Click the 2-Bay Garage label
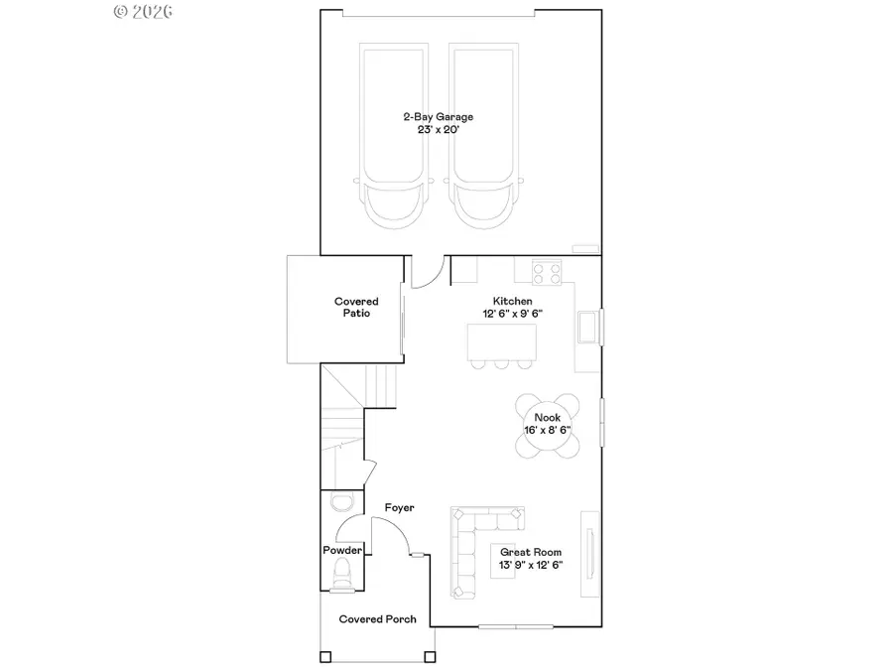pos(437,117)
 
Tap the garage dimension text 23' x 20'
pos(437,131)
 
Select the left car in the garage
pos(394,139)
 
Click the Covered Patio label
pos(355,307)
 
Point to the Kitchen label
pos(513,301)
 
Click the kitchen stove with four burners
pos(547,271)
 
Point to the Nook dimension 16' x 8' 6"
pos(548,431)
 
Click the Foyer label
pos(399,508)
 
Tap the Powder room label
pos(341,550)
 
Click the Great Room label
pos(530,553)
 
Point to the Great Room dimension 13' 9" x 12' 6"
pos(530,566)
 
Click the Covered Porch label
pos(377,619)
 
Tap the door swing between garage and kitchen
pos(427,273)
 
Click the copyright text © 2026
pos(144,12)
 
